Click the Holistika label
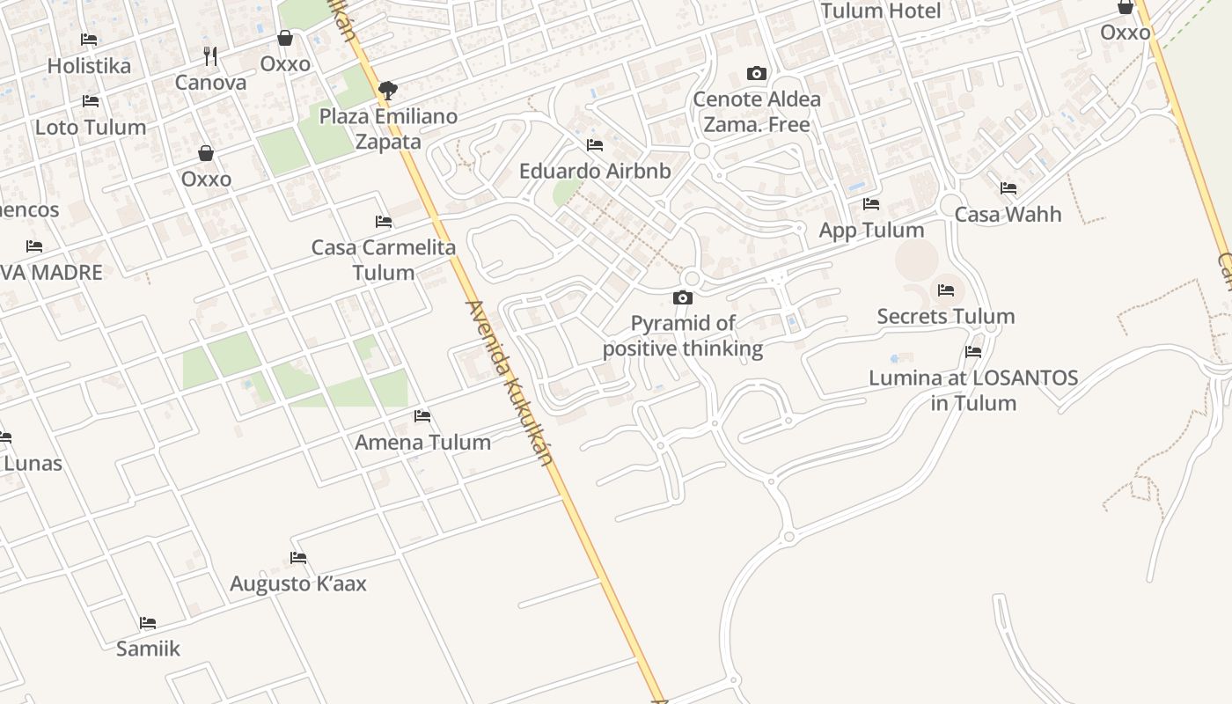coord(89,66)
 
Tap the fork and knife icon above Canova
coord(210,56)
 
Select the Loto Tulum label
coord(91,127)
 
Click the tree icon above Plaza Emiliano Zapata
coord(387,90)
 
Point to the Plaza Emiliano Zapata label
coord(388,128)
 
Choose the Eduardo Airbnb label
coord(595,171)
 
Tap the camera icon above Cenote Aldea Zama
coord(756,74)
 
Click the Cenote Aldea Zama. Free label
coord(757,112)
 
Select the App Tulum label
coord(871,231)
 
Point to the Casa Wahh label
coord(1008,214)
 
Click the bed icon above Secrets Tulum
coord(946,290)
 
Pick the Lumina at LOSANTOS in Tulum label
coord(973,391)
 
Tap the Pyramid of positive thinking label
coord(683,336)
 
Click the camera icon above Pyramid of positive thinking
coord(682,298)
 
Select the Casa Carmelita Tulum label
coord(384,260)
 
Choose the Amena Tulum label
coord(422,442)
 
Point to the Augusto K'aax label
coord(298,583)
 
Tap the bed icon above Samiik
coord(148,623)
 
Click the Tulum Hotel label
coord(881,11)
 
